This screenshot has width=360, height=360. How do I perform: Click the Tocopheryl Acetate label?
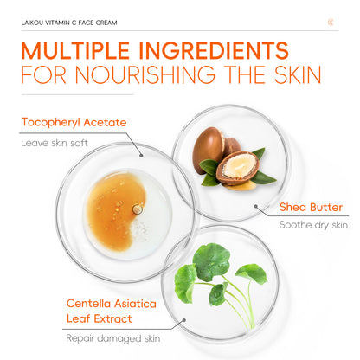[x=74, y=122]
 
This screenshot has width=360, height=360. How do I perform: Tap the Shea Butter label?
[x=311, y=208]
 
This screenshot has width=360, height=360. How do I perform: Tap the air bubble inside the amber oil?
[x=137, y=208]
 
